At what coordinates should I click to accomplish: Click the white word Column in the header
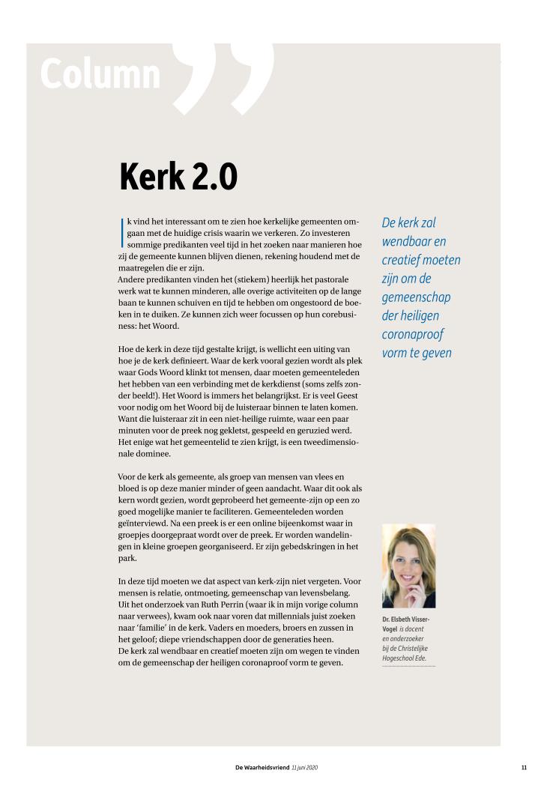pos(100,74)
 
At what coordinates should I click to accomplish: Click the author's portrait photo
pos(408,566)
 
